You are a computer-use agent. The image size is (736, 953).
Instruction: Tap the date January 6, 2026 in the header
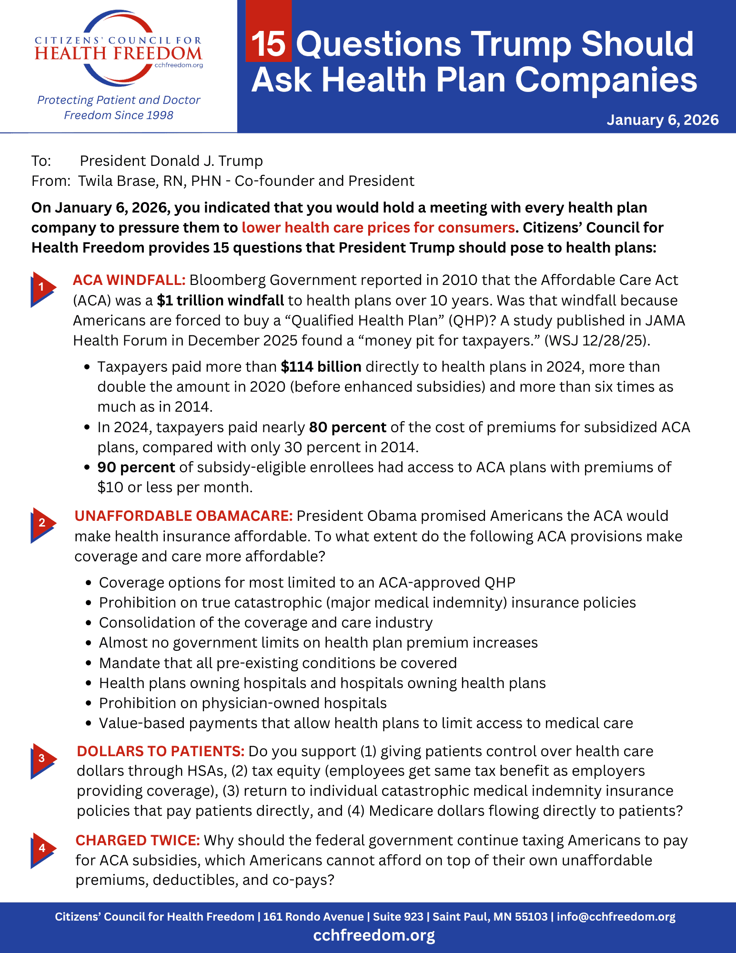[x=662, y=120]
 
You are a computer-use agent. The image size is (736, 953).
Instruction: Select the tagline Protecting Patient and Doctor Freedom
[x=119, y=107]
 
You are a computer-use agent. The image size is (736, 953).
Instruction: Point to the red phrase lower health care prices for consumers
[x=378, y=228]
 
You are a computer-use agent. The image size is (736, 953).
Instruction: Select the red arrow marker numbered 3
[x=42, y=759]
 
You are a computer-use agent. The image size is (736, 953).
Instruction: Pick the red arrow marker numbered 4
[x=42, y=849]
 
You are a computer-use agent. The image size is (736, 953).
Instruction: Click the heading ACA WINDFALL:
[x=129, y=280]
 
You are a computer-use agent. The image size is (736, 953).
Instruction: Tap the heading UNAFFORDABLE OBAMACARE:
[x=183, y=516]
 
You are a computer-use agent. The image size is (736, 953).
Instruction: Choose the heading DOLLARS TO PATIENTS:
[x=161, y=751]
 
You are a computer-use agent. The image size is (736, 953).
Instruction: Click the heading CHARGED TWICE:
[x=138, y=841]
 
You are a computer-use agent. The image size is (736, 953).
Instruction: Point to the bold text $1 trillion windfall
[x=220, y=301]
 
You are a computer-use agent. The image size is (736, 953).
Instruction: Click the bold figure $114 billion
[x=321, y=367]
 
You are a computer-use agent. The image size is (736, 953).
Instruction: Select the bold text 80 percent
[x=347, y=427]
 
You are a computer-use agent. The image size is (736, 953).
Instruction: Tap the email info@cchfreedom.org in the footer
[x=616, y=917]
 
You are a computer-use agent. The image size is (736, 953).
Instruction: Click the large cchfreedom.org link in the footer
[x=374, y=935]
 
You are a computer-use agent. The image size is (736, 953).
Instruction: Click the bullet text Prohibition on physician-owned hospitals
[x=242, y=703]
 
